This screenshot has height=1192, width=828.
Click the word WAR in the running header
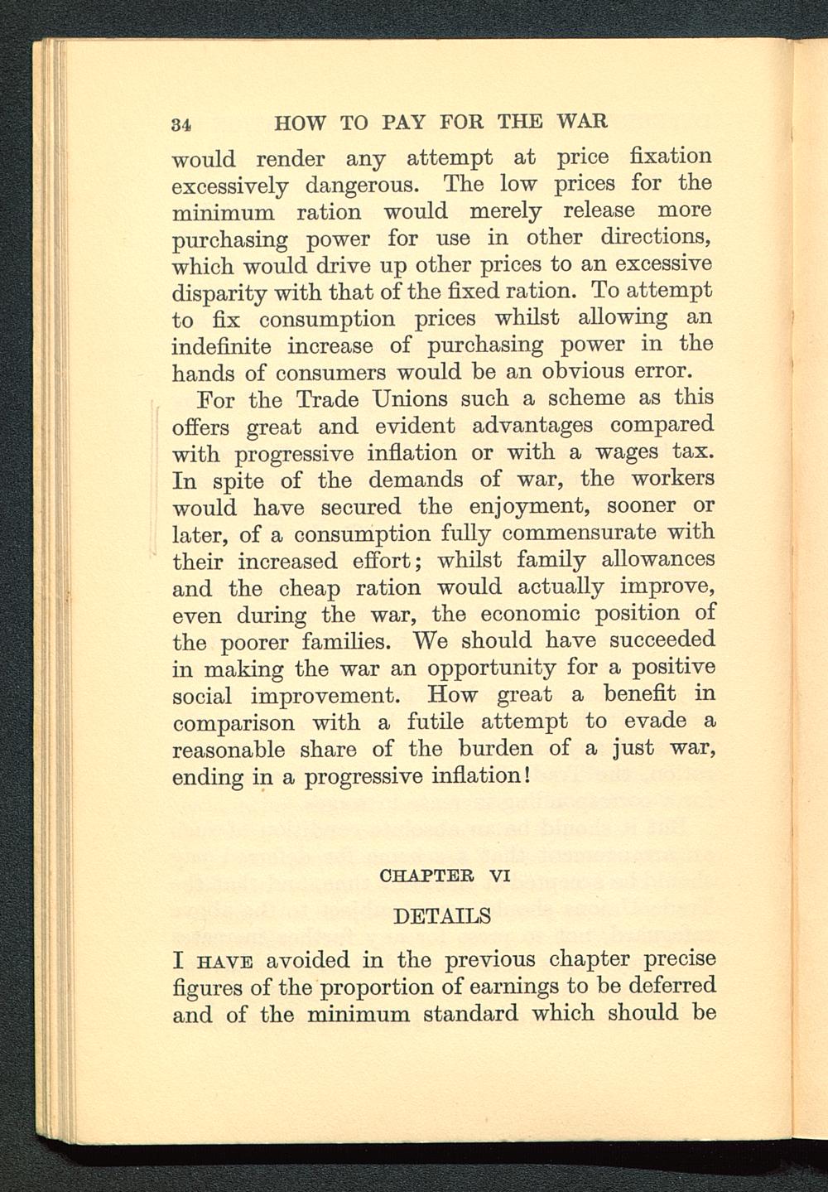coord(583,122)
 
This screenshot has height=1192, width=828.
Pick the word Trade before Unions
coord(328,398)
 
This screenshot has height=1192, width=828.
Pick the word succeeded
coord(648,640)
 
